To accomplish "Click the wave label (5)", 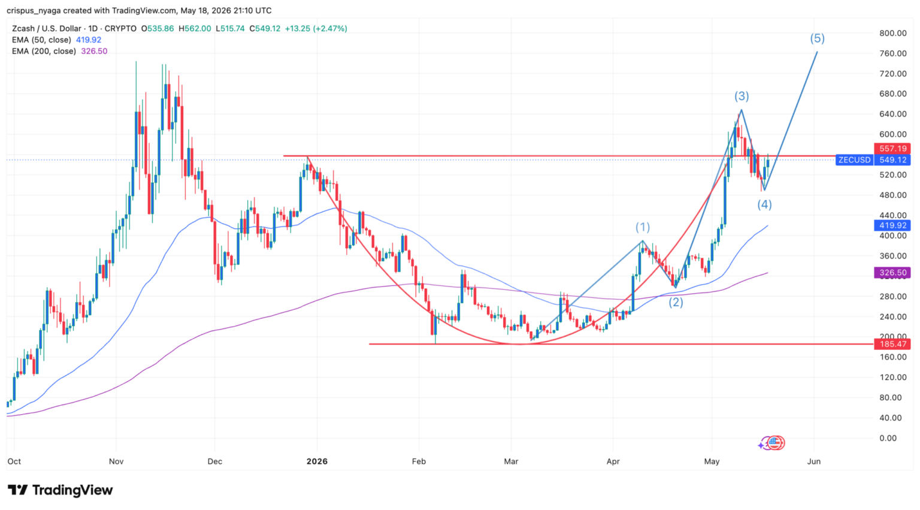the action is tap(817, 38).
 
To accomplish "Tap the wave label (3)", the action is tap(742, 96).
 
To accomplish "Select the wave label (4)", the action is tap(764, 204).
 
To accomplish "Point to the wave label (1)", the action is tap(643, 227).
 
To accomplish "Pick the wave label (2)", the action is tap(676, 303).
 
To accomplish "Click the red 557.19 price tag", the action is tap(892, 149).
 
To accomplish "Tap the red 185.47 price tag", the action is tap(892, 344).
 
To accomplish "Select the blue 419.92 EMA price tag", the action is tap(892, 225).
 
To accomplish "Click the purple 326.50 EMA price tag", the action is tap(892, 273).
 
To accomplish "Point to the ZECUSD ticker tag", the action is tap(854, 160).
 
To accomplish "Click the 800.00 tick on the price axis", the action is tap(893, 34).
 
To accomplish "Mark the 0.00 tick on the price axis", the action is tap(888, 438).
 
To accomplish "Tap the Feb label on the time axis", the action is tap(419, 461).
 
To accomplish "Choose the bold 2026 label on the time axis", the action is tap(317, 461).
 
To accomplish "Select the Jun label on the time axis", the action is tap(813, 461).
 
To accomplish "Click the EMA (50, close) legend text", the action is tap(41, 40).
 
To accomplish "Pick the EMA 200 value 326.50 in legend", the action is tap(94, 52).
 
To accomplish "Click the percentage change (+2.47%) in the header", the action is tap(330, 29).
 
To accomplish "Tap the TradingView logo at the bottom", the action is tap(60, 490).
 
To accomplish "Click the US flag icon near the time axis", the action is tap(774, 443).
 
